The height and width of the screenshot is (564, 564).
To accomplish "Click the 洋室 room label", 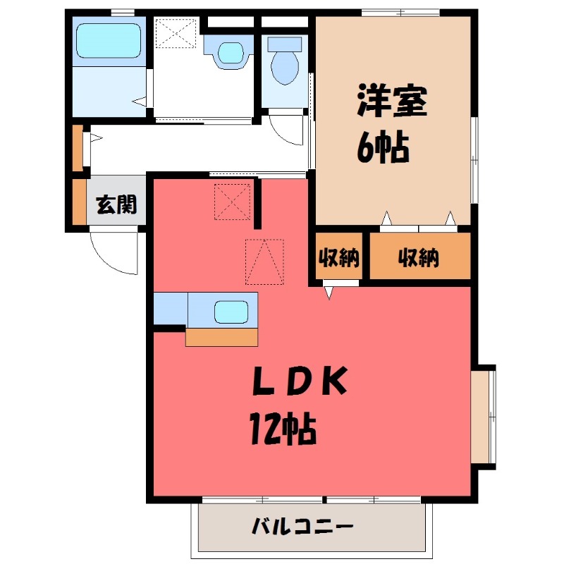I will (393, 103).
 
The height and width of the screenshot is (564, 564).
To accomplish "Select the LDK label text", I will (300, 383).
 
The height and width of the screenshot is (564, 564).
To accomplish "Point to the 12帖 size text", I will (282, 428).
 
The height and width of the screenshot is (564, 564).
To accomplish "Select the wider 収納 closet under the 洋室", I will (419, 259).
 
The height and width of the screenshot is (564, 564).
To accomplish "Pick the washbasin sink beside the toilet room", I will (228, 52).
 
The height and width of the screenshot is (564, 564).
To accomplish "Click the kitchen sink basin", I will (230, 310).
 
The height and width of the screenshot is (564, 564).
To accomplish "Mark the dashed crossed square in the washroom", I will (176, 33).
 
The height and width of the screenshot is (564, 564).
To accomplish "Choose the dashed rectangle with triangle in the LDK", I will (264, 262).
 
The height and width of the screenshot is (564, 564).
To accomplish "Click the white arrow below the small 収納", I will (329, 290).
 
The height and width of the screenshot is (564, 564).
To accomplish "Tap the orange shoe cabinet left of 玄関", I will (78, 202).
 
